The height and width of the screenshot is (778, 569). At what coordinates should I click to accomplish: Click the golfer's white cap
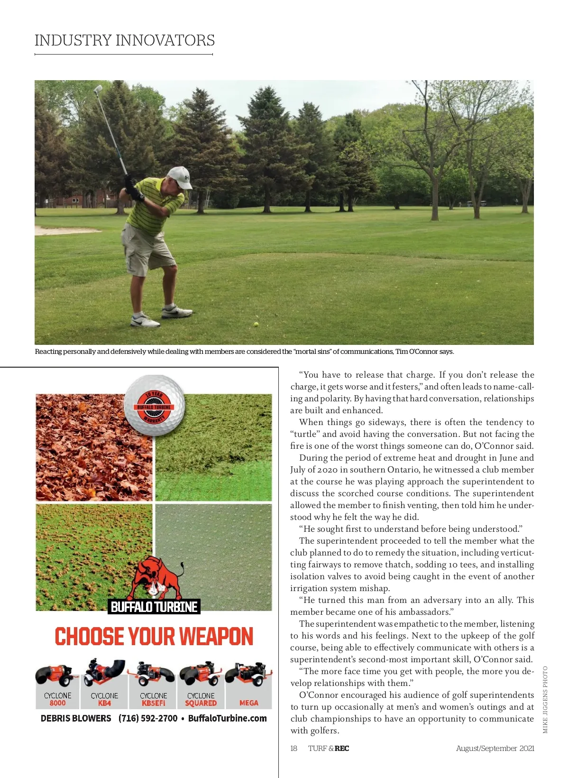(180, 176)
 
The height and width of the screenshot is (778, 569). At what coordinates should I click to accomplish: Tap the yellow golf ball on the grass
(257, 324)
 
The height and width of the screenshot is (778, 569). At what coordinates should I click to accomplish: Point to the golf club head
(98, 89)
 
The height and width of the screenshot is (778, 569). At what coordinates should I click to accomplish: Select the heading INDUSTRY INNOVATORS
(125, 40)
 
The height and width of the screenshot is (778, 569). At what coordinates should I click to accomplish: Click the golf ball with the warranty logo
(154, 405)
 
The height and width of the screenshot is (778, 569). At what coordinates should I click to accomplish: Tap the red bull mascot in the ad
(156, 579)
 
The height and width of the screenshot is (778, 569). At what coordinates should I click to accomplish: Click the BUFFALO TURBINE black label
(154, 607)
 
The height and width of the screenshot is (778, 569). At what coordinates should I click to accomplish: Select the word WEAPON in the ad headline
(216, 637)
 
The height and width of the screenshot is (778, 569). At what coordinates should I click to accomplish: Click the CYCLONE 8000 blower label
(58, 699)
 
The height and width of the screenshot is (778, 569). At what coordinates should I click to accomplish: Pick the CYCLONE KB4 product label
(105, 699)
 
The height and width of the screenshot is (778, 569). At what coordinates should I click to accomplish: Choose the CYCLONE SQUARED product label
(201, 699)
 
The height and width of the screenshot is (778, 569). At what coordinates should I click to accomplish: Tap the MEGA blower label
(249, 703)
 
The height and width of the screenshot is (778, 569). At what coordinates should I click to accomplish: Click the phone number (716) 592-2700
(148, 718)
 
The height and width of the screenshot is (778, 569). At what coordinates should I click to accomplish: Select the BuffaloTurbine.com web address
(228, 718)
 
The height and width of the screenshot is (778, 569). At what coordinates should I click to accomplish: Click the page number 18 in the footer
(294, 748)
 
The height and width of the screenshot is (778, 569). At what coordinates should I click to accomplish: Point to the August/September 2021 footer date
(495, 748)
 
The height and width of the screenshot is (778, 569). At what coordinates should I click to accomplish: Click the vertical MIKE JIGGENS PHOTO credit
(545, 700)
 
